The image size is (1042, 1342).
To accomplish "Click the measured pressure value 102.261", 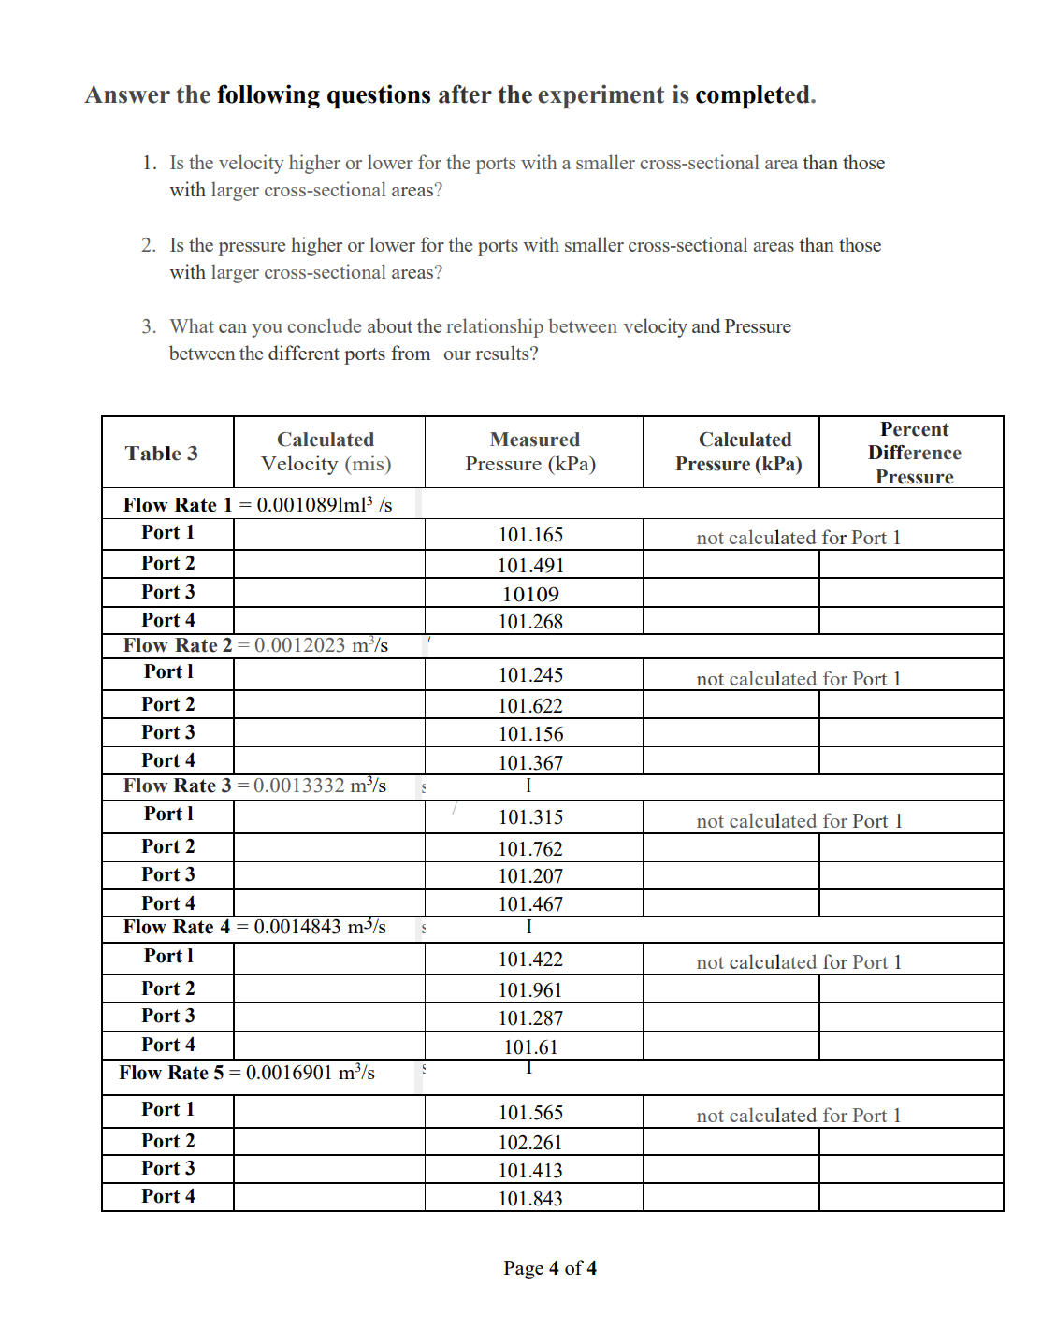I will pyautogui.click(x=530, y=1143).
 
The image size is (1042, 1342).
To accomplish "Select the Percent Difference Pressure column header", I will pyautogui.click(x=914, y=453).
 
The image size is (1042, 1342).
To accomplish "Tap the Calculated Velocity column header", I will pyautogui.click(x=326, y=452).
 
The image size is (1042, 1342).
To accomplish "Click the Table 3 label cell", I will pyautogui.click(x=162, y=454).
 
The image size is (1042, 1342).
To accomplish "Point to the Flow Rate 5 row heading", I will pyautogui.click(x=247, y=1073).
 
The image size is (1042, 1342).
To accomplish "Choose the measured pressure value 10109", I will pyautogui.click(x=530, y=595).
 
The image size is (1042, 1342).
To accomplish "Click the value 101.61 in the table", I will pyautogui.click(x=530, y=1047).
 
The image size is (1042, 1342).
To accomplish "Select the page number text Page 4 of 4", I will pyautogui.click(x=550, y=1268).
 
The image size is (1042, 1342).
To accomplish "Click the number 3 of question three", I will pyautogui.click(x=148, y=326).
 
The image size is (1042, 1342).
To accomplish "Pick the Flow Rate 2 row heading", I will pyautogui.click(x=255, y=645).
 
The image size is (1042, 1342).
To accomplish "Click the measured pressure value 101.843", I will pyautogui.click(x=530, y=1199).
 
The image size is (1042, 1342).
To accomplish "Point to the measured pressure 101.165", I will pyautogui.click(x=530, y=535).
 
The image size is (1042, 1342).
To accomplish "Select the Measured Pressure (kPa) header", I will pyautogui.click(x=534, y=452).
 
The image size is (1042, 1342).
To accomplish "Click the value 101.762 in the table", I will pyautogui.click(x=530, y=849).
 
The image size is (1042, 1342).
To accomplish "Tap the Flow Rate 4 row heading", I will pyautogui.click(x=254, y=927).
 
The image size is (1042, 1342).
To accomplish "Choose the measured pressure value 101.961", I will pyautogui.click(x=530, y=990).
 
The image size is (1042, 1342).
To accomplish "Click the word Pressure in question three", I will pyautogui.click(x=758, y=326).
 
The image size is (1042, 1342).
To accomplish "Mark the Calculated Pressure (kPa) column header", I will pyautogui.click(x=740, y=452).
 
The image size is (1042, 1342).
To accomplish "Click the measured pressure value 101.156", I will pyautogui.click(x=530, y=734).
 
